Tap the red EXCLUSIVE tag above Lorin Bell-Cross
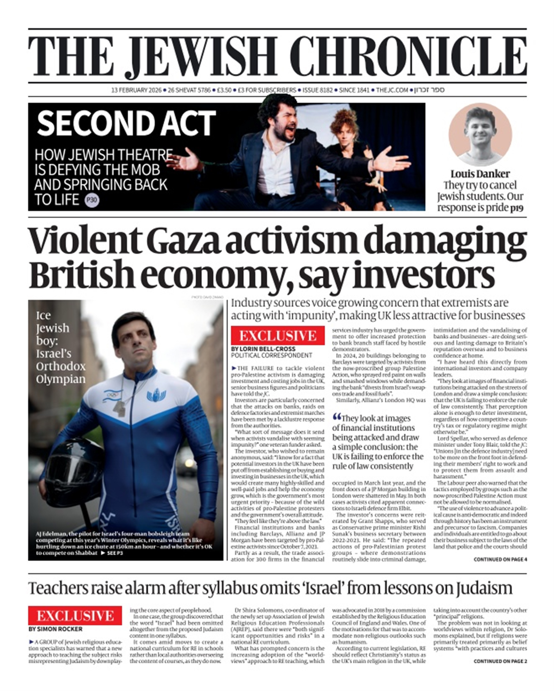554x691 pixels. pos(278,336)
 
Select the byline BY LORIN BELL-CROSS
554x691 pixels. pos(263,349)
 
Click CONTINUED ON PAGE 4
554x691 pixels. pos(500,560)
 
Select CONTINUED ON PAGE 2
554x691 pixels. pos(500,661)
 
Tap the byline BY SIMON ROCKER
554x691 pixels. pos(55,629)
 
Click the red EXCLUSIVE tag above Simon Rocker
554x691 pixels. pos(75,616)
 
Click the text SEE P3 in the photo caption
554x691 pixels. pos(114,553)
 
